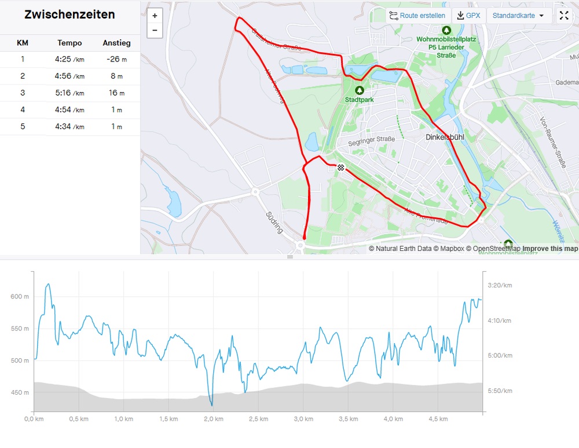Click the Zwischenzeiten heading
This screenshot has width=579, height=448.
tap(69, 15)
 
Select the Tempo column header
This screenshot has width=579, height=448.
tap(69, 43)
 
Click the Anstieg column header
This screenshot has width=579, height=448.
tap(116, 43)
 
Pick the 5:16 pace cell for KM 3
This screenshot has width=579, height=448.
tap(69, 93)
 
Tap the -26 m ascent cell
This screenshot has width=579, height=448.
tap(116, 59)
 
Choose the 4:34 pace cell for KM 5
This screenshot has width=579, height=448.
tap(69, 127)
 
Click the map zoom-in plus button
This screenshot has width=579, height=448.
tap(155, 16)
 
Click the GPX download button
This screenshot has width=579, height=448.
tap(468, 16)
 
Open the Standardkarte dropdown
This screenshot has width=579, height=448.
tap(518, 16)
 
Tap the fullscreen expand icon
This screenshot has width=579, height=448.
tap(564, 16)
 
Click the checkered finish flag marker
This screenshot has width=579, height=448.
tap(342, 167)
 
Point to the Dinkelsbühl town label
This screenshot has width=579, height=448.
tap(446, 137)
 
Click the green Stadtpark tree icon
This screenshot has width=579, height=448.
tap(360, 90)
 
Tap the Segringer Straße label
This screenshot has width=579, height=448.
tap(372, 140)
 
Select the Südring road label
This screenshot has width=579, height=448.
tap(274, 222)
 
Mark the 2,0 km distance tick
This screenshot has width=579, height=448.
tap(214, 418)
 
